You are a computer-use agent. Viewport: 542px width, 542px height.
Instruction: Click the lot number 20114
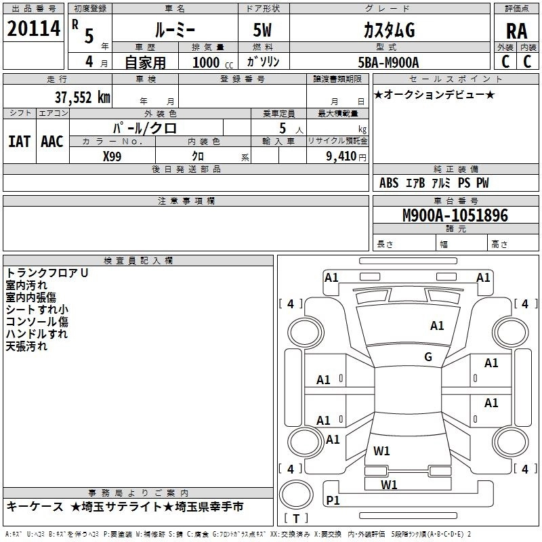33,28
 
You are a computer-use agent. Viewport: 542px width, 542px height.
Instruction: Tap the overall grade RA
516,31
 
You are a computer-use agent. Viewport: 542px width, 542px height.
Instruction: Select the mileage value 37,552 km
82,98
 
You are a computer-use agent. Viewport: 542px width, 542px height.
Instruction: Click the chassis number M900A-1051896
455,215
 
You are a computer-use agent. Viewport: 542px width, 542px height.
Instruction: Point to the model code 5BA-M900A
388,62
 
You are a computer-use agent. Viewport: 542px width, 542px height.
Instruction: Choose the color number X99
112,157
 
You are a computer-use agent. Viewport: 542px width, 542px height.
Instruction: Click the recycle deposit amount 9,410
341,157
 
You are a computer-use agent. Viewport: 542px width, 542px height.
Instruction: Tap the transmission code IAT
19,142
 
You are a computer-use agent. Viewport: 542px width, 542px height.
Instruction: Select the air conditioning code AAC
52,142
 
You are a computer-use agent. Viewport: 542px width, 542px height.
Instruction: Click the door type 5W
262,30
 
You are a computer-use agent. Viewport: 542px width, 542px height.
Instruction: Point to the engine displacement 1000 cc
213,62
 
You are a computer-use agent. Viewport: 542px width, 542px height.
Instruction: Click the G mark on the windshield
428,356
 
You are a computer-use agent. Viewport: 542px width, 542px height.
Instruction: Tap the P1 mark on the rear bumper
333,500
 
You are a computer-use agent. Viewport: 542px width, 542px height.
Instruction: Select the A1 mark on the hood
437,325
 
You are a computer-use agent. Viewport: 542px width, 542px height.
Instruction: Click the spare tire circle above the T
296,495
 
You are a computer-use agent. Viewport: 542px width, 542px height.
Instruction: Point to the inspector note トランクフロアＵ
47,273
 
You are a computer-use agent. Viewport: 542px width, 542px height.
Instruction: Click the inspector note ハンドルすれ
37,334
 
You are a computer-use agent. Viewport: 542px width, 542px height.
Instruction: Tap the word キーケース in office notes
35,507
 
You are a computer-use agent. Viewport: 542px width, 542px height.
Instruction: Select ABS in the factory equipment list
389,183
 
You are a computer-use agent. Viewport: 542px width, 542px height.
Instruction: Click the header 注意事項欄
186,201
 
